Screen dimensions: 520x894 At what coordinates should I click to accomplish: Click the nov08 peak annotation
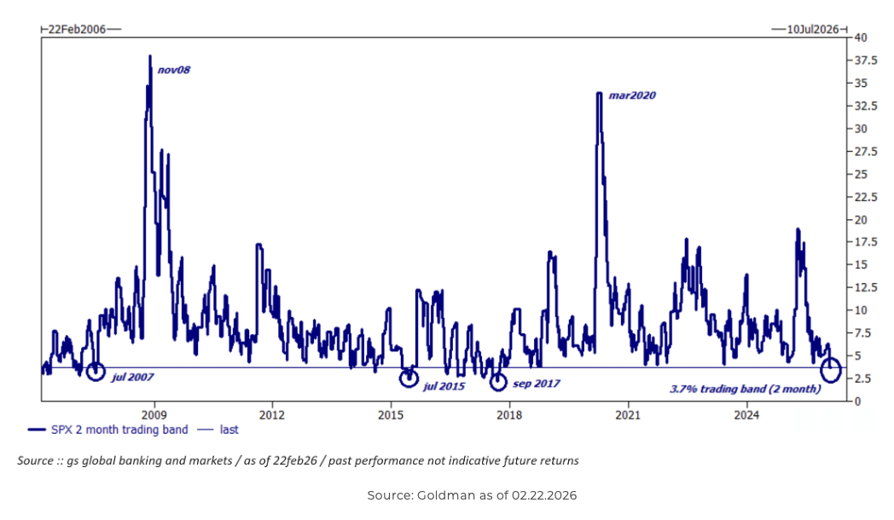coord(174,69)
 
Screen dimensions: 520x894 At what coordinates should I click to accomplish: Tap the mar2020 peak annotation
coord(632,95)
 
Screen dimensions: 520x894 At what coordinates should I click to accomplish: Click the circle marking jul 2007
coord(96,370)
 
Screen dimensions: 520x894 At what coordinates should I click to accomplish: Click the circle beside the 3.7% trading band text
coord(831,371)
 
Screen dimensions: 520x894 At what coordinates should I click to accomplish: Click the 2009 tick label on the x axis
coord(154,414)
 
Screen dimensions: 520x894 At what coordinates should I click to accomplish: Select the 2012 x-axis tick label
coord(272,414)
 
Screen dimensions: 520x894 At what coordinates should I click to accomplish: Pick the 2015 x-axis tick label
coord(391,414)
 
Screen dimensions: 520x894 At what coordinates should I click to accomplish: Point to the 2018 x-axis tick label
coord(509,414)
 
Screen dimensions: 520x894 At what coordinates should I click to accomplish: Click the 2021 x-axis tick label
coord(628,414)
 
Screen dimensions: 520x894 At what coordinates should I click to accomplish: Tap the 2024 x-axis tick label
coord(746,414)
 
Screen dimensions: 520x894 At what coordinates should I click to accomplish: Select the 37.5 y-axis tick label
coord(864,61)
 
